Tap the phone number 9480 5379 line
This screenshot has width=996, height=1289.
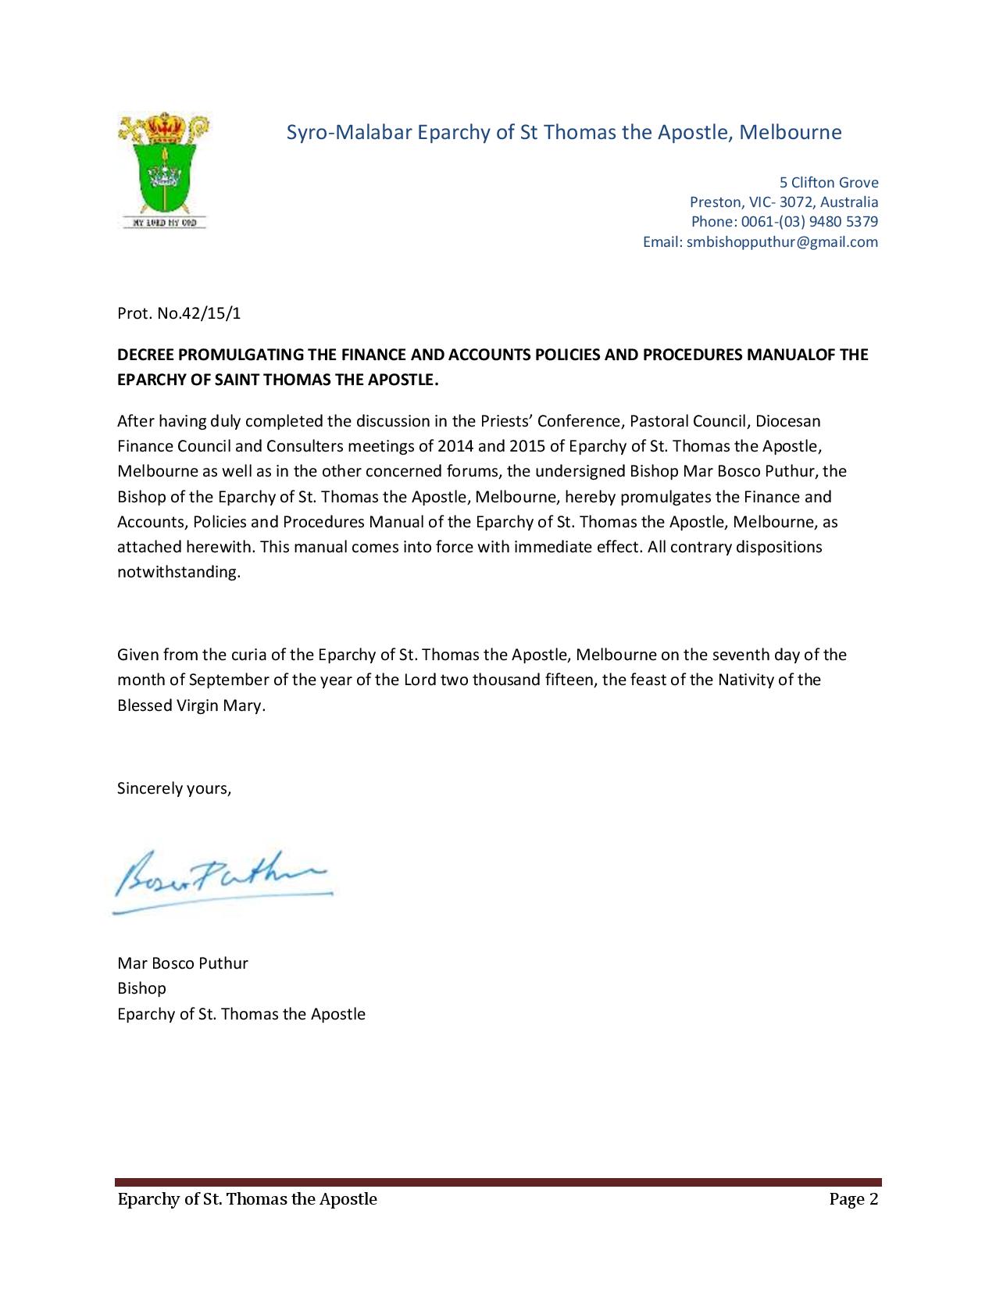[784, 222]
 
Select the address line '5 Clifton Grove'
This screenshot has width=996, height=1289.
[829, 183]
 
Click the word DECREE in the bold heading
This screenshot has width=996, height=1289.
[146, 355]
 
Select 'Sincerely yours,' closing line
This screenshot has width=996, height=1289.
[174, 788]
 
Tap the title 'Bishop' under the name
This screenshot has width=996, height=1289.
[141, 988]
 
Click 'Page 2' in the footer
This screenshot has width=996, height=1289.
[854, 1199]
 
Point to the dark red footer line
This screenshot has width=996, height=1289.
[498, 1182]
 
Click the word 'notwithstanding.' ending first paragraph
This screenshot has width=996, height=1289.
[179, 572]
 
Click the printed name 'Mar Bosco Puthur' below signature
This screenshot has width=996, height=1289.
[182, 963]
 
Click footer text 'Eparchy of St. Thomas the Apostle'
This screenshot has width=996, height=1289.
[247, 1199]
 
